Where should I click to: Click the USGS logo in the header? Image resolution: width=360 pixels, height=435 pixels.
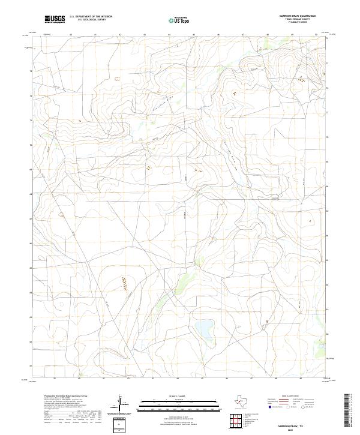tap(55, 19)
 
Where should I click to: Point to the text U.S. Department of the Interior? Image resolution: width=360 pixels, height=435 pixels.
tap(91, 17)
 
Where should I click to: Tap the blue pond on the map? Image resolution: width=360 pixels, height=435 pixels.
tap(204, 329)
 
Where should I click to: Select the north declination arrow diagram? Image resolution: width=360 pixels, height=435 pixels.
tap(122, 403)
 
